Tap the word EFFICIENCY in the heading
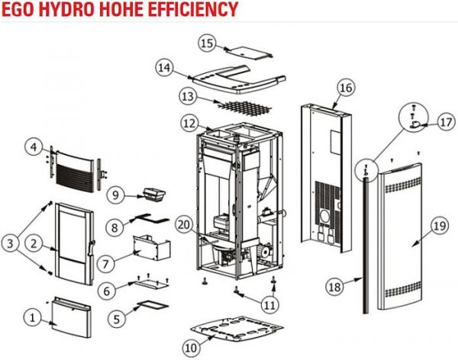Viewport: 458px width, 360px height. [193, 9]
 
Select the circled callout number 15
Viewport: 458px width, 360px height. [208, 43]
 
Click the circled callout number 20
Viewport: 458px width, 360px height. [184, 225]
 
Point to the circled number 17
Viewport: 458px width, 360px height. [446, 122]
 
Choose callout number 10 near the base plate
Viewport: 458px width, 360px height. [192, 348]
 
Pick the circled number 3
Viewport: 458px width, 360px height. [10, 243]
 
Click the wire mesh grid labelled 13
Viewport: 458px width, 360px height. [243, 107]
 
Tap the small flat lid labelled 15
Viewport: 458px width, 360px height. [249, 53]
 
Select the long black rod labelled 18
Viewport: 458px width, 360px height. [366, 243]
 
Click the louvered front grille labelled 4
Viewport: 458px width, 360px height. [75, 171]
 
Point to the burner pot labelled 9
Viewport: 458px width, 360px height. [154, 194]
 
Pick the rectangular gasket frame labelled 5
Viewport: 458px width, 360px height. [153, 305]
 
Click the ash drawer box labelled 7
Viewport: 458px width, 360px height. [152, 248]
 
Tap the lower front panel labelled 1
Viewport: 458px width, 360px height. [71, 317]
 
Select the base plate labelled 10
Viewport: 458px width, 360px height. [237, 329]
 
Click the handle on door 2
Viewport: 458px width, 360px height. [92, 249]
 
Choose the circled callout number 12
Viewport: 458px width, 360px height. [190, 124]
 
